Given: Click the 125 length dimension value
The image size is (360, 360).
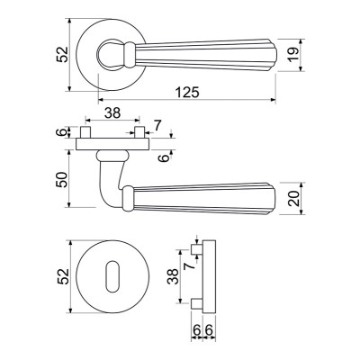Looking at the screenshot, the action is tap(187, 92).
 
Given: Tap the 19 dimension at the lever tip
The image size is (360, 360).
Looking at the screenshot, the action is tap(293, 55).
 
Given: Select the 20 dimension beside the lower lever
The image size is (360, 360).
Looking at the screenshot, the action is tap(294, 198).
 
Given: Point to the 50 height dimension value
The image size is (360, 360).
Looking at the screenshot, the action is tap(61, 179).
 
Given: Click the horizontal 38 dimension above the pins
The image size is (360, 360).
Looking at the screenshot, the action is tap(112, 113).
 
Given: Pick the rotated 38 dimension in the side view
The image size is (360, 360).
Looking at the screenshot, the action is tap(173, 276).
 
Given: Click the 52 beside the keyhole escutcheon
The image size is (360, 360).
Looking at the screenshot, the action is tap(63, 276).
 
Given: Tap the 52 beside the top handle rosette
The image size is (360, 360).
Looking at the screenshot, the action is tap(62, 54).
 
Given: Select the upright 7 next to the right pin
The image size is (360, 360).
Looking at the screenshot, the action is tap(157, 125).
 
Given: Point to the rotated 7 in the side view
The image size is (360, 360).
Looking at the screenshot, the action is tap(189, 265).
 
